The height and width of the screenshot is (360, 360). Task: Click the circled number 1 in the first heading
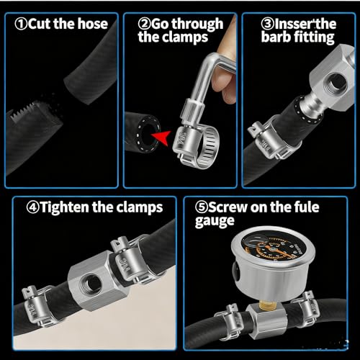(x=21, y=24)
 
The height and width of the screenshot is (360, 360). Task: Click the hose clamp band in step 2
(x=197, y=147)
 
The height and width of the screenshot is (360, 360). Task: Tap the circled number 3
(x=267, y=24)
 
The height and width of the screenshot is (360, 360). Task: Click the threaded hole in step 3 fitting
(x=337, y=84)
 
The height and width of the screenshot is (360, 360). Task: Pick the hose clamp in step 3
(x=274, y=138)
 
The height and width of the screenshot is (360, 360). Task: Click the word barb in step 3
(x=276, y=37)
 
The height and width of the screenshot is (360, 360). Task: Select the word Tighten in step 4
(x=64, y=207)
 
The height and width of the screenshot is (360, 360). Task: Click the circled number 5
(x=201, y=207)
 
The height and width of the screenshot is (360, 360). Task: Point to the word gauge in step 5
(x=215, y=221)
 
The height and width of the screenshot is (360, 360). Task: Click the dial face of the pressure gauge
(x=274, y=248)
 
